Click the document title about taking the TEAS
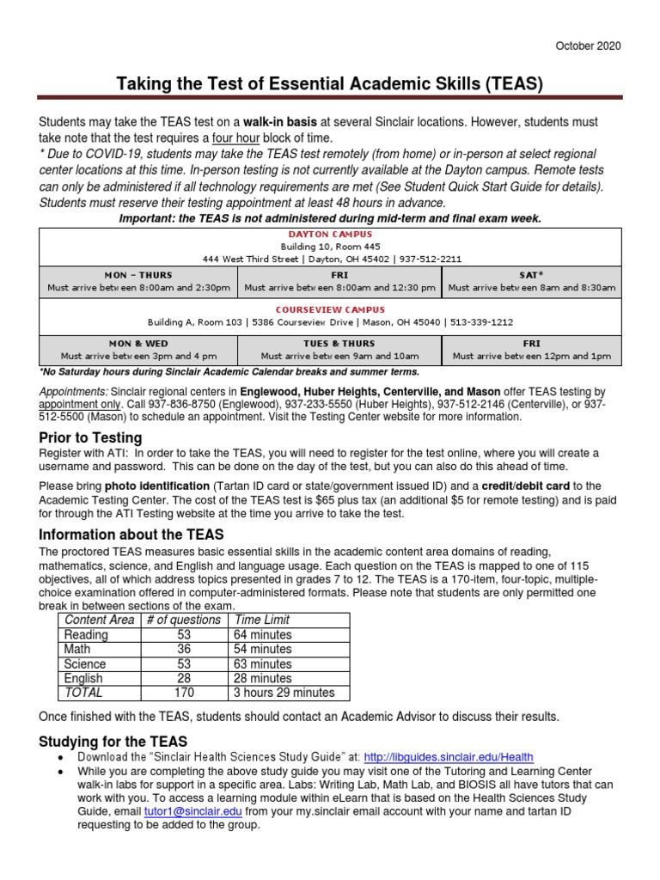coord(330,84)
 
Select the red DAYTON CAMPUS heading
coord(330,234)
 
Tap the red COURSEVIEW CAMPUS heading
coord(330,309)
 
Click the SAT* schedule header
coord(532,274)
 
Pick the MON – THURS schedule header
coord(138,274)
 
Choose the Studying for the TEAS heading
coord(113,741)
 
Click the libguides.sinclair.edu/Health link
coord(449,757)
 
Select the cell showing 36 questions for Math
coord(184,649)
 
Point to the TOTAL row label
coord(83,693)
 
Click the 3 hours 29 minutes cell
coord(284,693)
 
